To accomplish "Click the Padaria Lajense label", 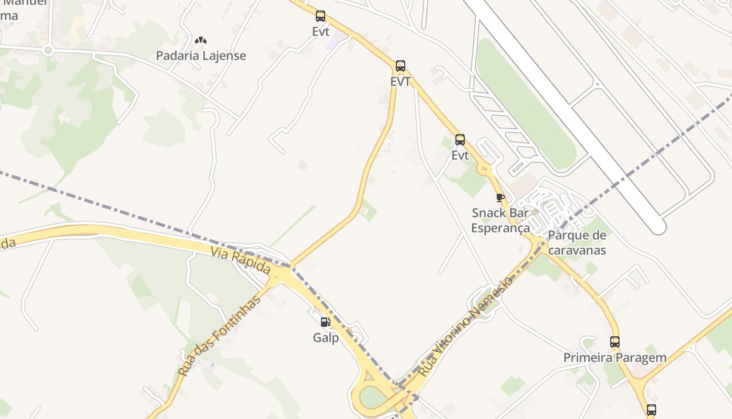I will [x=201, y=56].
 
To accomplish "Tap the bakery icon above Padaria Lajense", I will [x=201, y=40].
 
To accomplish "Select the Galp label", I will [x=326, y=338].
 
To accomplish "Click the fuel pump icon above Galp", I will [x=325, y=322].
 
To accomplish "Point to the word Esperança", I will [x=500, y=228].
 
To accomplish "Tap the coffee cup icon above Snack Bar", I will [x=500, y=197].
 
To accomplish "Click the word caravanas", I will [x=577, y=250].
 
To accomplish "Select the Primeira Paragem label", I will [x=614, y=358].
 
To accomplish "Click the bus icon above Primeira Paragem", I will [x=615, y=342].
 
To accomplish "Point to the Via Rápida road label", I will [x=241, y=261].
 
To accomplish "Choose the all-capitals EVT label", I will [x=401, y=82].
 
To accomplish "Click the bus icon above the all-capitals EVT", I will [x=401, y=66].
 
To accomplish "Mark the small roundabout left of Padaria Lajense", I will [x=49, y=50].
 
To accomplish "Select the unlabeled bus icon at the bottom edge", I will [x=651, y=410].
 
